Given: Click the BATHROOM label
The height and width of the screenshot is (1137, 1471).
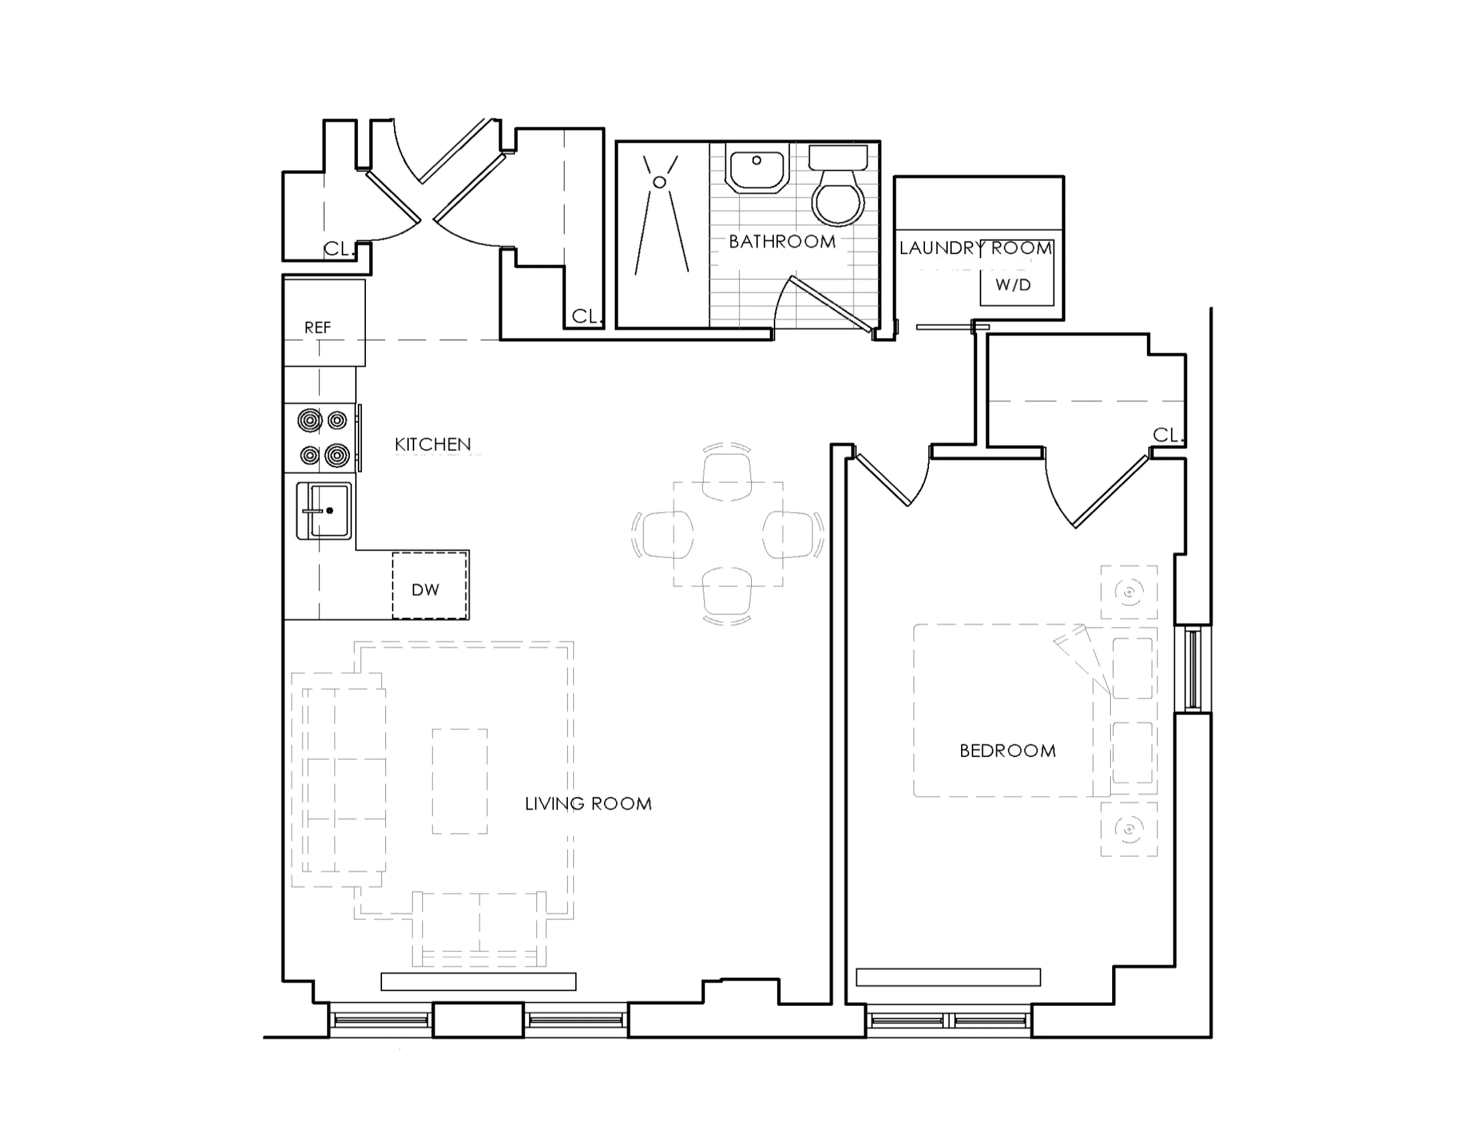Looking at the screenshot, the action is tap(782, 241).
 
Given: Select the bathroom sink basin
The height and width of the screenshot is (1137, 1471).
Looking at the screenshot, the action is tap(757, 169).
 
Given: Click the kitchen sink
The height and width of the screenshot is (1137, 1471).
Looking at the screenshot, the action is tap(324, 511).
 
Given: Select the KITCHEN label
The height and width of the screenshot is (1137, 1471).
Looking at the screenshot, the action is tap(432, 444).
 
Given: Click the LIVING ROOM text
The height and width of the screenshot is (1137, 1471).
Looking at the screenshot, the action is tap(588, 803).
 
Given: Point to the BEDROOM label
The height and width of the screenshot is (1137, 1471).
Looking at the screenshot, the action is tap(1007, 750).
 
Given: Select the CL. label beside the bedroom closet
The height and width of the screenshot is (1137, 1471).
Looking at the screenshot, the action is tap(1168, 435).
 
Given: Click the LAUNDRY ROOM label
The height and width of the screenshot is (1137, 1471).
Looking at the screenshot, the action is tap(976, 248).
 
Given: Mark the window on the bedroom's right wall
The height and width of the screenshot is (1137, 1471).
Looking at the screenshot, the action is tap(1193, 669).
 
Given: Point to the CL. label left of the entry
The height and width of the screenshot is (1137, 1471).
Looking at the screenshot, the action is tap(339, 249).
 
